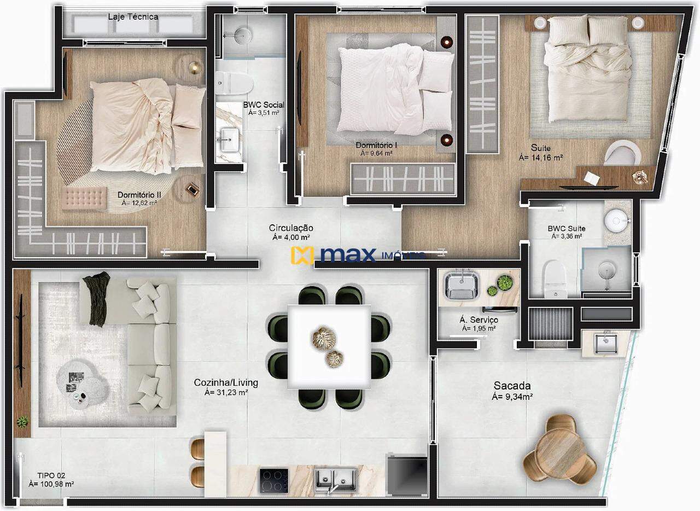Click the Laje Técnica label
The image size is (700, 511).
133,16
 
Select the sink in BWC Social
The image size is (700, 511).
230,140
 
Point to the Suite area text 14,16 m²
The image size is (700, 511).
541,158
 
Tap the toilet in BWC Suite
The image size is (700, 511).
555,278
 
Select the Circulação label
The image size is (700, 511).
291,228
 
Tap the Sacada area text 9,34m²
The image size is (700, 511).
512,397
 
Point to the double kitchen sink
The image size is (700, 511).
335,480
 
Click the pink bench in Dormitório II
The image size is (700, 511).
84,197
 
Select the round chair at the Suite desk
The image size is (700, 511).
621,152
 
